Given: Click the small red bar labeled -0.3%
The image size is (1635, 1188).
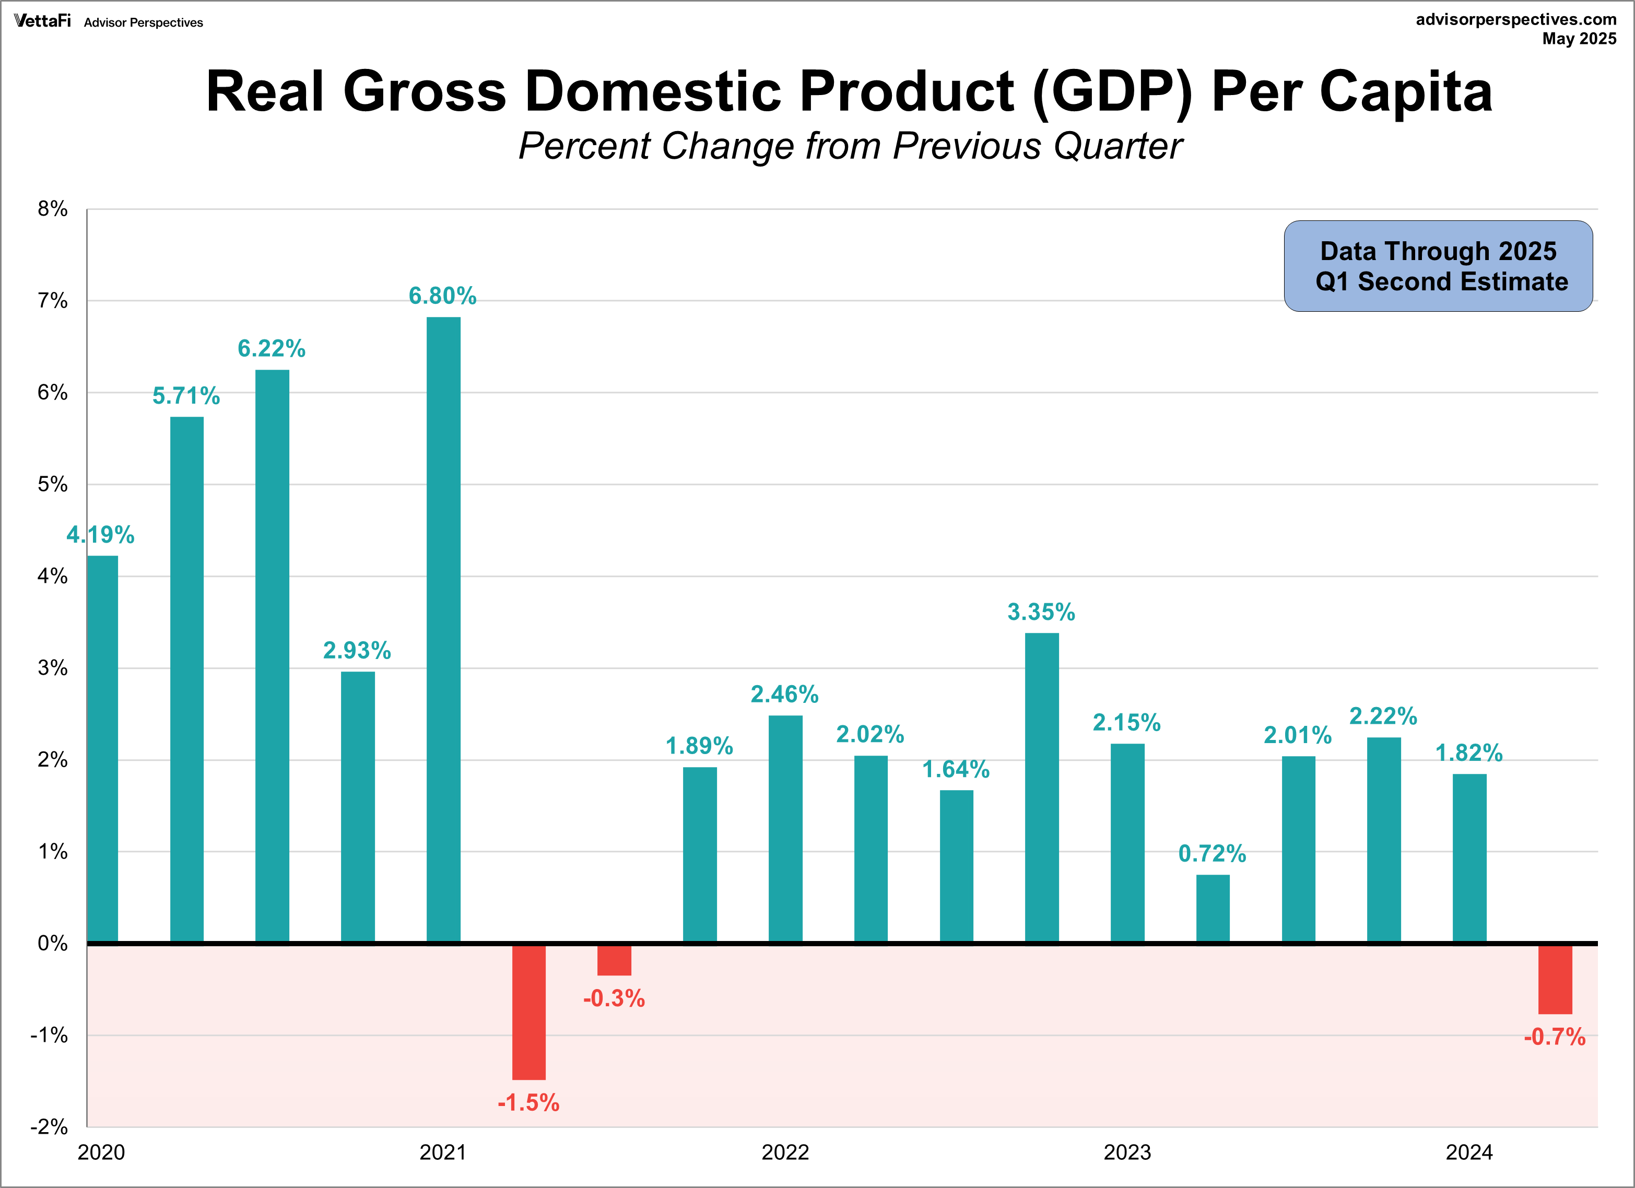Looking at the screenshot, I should pyautogui.click(x=614, y=960).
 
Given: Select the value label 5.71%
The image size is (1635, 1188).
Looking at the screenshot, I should pyautogui.click(x=186, y=396).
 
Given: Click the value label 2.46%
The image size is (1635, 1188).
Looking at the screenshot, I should pyautogui.click(x=784, y=694).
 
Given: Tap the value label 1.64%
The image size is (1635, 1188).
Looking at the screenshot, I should pyautogui.click(x=956, y=769).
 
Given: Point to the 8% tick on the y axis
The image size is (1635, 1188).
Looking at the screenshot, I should pyautogui.click(x=53, y=209).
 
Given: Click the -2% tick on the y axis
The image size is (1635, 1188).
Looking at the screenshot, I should pyautogui.click(x=49, y=1127).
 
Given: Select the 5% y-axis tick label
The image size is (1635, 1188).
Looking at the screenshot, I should pyautogui.click(x=53, y=485).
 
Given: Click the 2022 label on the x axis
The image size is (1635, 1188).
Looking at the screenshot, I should pyautogui.click(x=785, y=1152).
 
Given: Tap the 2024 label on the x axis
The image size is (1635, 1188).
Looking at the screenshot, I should pyautogui.click(x=1469, y=1152).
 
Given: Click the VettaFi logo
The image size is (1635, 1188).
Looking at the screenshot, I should pyautogui.click(x=42, y=21).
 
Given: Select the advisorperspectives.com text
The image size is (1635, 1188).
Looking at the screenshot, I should pyautogui.click(x=1516, y=19).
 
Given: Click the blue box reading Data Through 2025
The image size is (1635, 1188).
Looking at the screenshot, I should pyautogui.click(x=1438, y=266).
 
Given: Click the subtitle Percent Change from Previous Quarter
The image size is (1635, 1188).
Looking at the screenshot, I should pyautogui.click(x=850, y=146).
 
